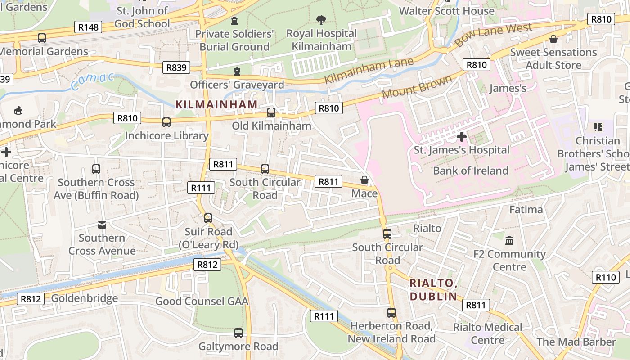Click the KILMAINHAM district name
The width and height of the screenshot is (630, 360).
click(x=216, y=104)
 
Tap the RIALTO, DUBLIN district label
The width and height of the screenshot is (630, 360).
click(x=433, y=290)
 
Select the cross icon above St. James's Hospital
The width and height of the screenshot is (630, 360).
click(x=461, y=137)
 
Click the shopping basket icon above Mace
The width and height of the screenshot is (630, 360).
click(x=364, y=180)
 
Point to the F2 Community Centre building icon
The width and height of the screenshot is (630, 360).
click(x=509, y=241)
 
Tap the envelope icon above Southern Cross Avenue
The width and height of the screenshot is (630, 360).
click(x=102, y=225)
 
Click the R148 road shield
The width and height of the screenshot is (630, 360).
click(x=88, y=27)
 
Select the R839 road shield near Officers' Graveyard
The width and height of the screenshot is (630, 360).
click(x=176, y=67)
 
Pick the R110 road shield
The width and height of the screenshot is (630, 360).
click(x=605, y=277)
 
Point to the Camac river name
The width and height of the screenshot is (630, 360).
click(x=93, y=81)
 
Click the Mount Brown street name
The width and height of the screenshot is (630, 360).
click(x=417, y=87)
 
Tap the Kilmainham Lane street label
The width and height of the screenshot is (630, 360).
click(x=369, y=71)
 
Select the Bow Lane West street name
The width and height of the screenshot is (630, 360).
click(x=493, y=36)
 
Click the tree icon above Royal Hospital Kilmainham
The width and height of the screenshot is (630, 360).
click(x=321, y=20)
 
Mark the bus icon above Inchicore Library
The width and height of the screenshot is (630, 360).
click(x=166, y=122)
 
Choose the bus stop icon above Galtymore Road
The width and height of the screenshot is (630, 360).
click(x=238, y=333)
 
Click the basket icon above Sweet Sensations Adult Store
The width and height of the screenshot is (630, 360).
click(x=553, y=39)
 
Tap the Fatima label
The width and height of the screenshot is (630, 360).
click(x=526, y=210)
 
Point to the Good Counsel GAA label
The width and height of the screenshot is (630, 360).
click(x=202, y=301)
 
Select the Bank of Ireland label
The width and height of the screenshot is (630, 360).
click(x=470, y=171)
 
